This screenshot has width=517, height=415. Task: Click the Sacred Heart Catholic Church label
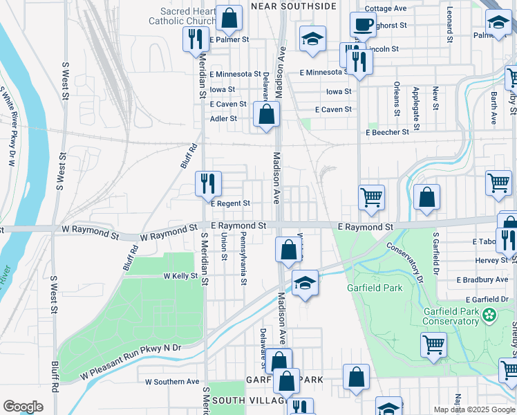(183, 16)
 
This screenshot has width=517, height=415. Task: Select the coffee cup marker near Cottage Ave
(363, 26)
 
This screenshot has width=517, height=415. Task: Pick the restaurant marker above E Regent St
(208, 183)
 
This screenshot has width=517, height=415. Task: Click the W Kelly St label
(180, 276)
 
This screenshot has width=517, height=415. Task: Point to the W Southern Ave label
(172, 381)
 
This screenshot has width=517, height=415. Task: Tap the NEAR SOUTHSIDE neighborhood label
(294, 6)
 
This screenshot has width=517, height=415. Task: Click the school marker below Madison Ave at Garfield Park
(304, 282)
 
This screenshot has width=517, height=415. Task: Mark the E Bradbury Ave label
(482, 279)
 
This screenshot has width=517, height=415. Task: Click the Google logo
(23, 407)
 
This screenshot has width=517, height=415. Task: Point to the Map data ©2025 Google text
(473, 409)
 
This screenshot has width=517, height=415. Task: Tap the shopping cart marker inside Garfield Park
(433, 344)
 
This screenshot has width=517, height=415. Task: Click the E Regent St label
(230, 203)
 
